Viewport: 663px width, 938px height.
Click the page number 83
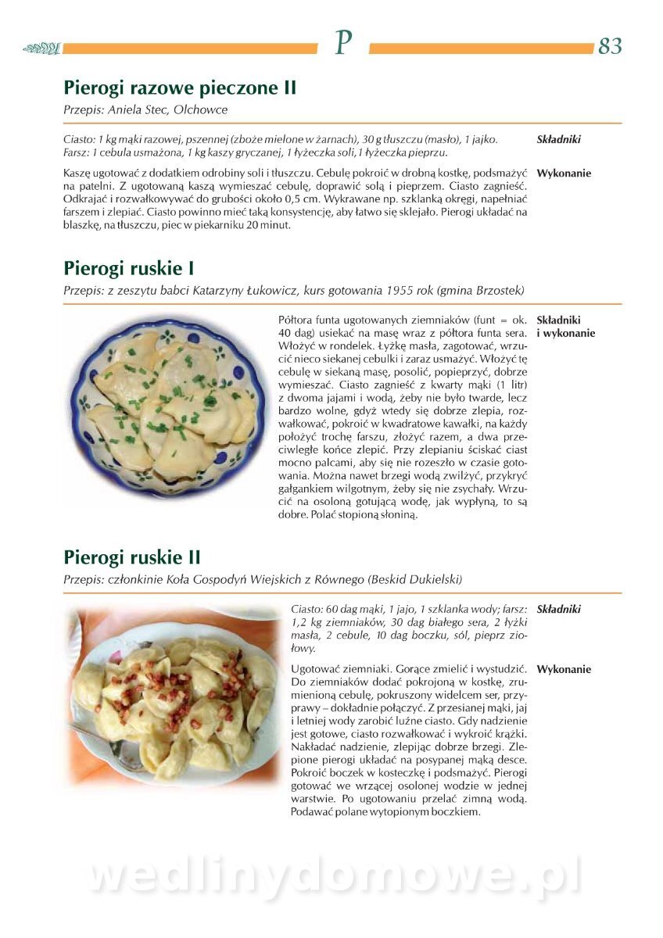coord(610,46)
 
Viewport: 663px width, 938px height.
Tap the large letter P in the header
coord(342,44)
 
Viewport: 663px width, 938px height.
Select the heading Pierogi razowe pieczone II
coord(180,88)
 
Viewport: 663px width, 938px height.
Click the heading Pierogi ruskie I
coord(129,269)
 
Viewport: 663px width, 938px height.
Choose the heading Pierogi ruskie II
coord(132,557)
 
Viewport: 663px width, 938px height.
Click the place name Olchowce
coord(201,109)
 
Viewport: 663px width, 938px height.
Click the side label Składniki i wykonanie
coord(565,327)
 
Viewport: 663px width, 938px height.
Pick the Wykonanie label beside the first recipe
coord(564,174)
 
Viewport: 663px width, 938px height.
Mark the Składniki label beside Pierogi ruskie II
coord(559,609)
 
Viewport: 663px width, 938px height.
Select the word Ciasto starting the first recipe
coord(78,139)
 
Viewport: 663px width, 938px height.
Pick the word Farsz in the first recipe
coord(76,152)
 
